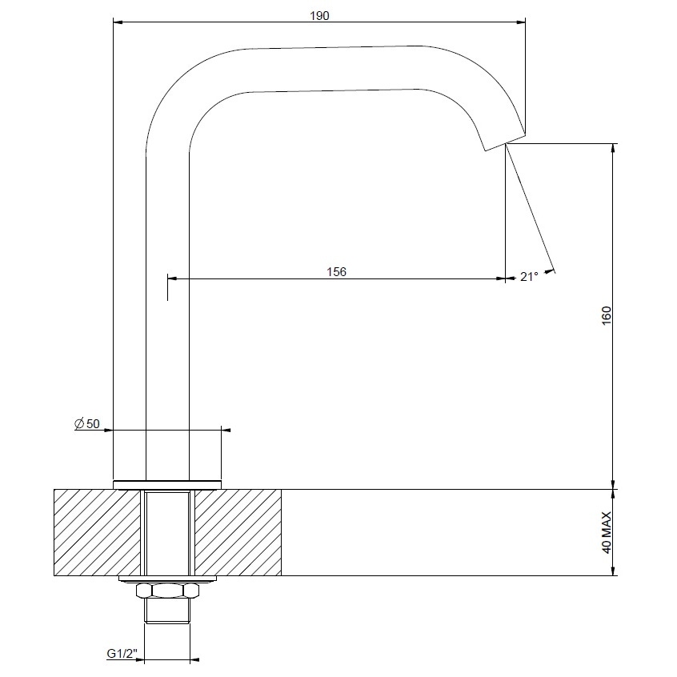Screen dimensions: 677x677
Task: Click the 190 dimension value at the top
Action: coord(318,15)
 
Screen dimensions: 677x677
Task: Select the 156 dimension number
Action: coord(337,272)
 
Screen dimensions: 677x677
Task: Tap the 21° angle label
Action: coord(529,277)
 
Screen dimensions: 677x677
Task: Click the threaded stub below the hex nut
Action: coord(167,610)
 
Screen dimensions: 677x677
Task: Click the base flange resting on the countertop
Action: coord(167,483)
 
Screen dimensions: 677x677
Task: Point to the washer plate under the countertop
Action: coord(167,579)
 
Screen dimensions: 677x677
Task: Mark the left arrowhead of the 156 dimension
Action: coord(171,278)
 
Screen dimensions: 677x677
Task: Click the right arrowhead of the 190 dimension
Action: coord(522,22)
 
